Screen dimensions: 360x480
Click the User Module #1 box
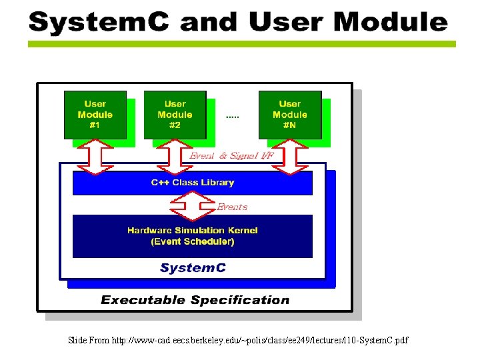tap(95, 115)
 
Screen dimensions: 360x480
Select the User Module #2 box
tap(175, 115)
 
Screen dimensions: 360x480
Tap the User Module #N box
tap(289, 115)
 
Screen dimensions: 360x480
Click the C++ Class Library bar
tap(192, 183)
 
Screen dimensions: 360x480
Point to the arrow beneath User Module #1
tap(96, 157)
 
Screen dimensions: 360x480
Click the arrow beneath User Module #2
tap(175, 157)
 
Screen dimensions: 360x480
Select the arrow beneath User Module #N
tap(290, 157)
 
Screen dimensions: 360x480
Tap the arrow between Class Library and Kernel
tap(193, 205)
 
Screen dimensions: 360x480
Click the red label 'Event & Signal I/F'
tap(231, 156)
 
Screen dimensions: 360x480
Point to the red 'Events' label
tap(232, 207)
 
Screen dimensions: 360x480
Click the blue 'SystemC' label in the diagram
tap(193, 268)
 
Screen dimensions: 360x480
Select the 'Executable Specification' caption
tap(195, 300)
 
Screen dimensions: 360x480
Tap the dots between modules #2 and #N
tap(232, 117)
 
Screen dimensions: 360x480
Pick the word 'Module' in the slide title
tap(390, 22)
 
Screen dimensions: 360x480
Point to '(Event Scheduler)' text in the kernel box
tap(193, 241)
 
